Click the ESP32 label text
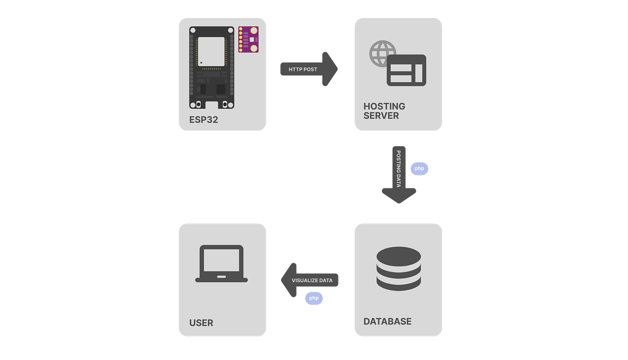(x=203, y=120)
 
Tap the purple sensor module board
(x=248, y=40)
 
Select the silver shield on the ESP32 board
(x=211, y=51)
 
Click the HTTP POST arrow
(x=309, y=69)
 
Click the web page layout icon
(x=406, y=70)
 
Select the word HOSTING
(x=384, y=106)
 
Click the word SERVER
(x=381, y=116)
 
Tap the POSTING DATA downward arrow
(x=399, y=174)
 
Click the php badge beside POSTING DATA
(x=419, y=168)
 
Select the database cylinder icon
(x=399, y=269)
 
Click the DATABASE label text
(x=387, y=321)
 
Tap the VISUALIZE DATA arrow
(x=309, y=280)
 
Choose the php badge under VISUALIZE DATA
(x=314, y=298)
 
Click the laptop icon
(x=222, y=263)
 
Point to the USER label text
(x=201, y=323)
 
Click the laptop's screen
(x=222, y=260)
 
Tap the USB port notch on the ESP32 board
(x=211, y=104)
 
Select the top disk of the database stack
(x=399, y=255)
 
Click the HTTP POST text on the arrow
(x=303, y=69)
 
